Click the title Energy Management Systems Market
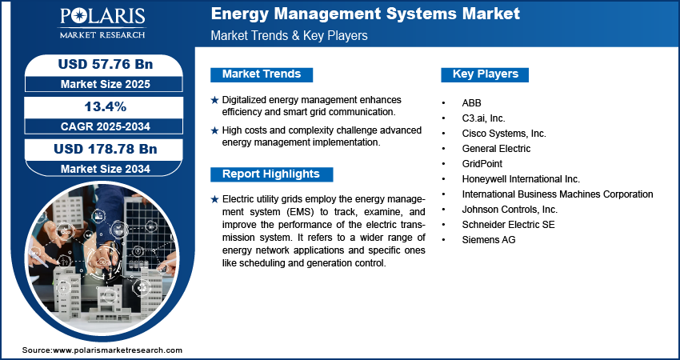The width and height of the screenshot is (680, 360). (365, 14)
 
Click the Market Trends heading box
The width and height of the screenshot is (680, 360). (261, 74)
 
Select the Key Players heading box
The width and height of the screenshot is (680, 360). (485, 74)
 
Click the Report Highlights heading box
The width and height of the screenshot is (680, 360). (270, 174)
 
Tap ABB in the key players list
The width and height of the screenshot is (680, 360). (472, 103)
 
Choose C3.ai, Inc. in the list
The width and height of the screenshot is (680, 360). (483, 118)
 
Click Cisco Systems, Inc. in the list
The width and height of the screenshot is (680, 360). (503, 134)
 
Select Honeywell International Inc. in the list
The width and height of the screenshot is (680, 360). (520, 179)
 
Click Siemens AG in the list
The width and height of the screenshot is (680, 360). (488, 240)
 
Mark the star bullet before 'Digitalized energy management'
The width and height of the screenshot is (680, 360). (214, 100)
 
